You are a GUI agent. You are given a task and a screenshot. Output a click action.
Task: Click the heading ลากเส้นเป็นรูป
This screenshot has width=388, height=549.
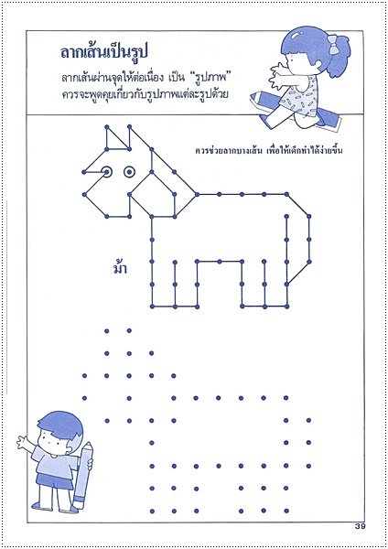(x=104, y=52)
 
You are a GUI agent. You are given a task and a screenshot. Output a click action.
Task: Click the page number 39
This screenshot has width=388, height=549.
(x=360, y=526)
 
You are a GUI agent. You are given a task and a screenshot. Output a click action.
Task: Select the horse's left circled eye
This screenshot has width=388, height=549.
(x=107, y=172)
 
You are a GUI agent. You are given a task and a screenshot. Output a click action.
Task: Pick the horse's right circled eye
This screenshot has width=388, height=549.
(x=129, y=172)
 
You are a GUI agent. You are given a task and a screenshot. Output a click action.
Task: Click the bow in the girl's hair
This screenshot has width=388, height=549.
(x=334, y=44)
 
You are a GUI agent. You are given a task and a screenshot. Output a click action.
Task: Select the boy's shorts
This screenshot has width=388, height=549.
(x=54, y=479)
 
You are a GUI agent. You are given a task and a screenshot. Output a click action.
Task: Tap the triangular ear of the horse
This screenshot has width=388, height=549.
(x=115, y=140)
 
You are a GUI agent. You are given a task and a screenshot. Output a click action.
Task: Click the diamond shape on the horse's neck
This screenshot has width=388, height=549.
(x=152, y=194)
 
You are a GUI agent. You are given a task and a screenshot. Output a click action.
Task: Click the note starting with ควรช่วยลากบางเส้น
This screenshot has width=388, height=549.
(x=269, y=151)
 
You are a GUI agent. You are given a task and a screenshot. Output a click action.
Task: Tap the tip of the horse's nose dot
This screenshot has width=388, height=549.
(x=84, y=172)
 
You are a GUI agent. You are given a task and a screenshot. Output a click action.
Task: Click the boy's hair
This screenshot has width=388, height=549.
(x=59, y=425)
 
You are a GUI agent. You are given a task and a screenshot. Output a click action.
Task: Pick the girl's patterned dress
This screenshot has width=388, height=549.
(x=301, y=98)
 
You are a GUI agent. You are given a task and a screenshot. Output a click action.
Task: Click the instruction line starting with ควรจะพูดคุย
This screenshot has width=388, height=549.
(x=145, y=94)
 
